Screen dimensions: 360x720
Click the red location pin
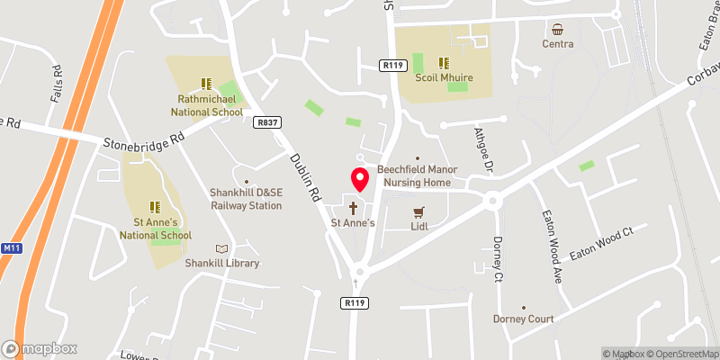coord(359,179)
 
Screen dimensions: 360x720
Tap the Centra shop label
coord(558,43)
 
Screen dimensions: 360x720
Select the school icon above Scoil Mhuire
coord(444,63)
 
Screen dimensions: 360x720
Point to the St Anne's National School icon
coord(155,206)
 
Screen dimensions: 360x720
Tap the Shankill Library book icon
coord(221,248)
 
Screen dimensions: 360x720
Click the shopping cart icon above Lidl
coord(417,212)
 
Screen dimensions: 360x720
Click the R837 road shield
coord(265,121)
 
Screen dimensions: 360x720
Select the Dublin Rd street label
coord(304,176)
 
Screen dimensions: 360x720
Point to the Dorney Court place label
coord(523,319)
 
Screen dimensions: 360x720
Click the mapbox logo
coord(39,348)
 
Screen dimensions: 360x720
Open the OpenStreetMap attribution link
coord(676,353)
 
